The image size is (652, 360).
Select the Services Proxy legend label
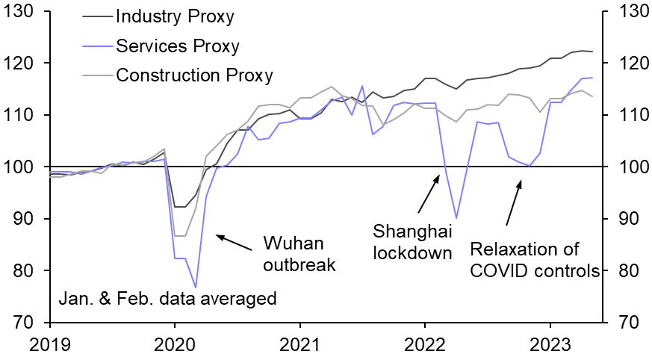[178, 46]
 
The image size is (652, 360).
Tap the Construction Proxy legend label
[194, 75]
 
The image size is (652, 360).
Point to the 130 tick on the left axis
[20, 11]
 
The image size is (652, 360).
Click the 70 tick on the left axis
[26, 322]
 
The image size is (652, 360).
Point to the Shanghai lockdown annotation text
[414, 242]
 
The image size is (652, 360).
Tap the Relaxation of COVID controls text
[535, 260]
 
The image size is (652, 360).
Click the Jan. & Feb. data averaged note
[167, 300]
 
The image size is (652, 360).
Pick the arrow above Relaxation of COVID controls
[513, 202]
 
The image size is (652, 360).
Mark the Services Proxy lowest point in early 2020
[196, 287]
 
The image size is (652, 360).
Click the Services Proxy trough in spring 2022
[456, 218]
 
